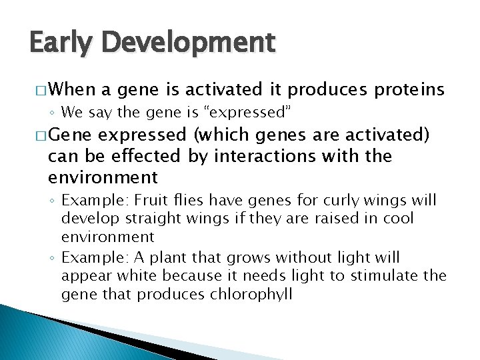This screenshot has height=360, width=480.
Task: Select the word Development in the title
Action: pos(189,43)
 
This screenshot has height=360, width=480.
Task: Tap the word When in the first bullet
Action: pos(73,89)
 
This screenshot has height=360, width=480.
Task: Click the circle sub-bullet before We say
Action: pos(53,112)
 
